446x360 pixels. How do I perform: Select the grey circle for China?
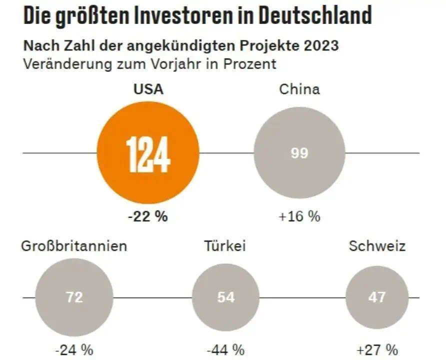(x=299, y=152)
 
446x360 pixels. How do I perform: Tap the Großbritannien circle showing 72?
(x=74, y=297)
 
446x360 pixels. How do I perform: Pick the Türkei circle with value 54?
(x=226, y=297)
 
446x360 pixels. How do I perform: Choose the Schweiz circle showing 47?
(x=376, y=297)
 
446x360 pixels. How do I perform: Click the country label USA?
(x=148, y=89)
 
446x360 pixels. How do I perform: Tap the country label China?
(x=299, y=89)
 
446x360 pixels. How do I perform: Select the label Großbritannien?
(x=74, y=246)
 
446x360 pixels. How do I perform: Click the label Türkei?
(x=225, y=246)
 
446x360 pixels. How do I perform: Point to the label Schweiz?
(x=377, y=246)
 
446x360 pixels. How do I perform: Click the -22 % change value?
(x=148, y=216)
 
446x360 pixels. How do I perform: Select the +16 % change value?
(x=299, y=216)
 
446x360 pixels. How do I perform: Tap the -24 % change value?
(x=74, y=348)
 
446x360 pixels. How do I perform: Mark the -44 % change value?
(x=226, y=348)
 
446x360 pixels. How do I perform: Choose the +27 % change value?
(x=377, y=348)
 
